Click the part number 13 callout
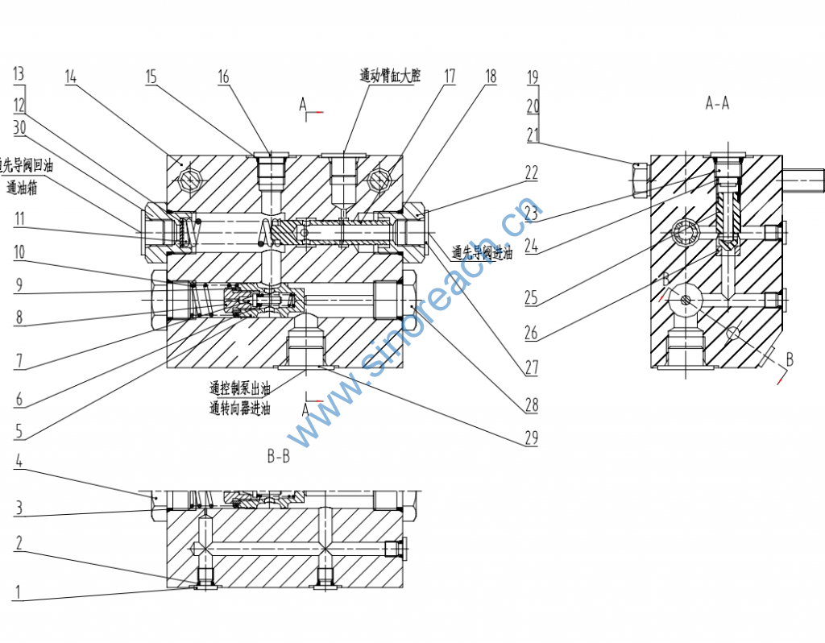[19, 74]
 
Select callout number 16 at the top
[223, 77]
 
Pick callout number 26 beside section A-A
[530, 331]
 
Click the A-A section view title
[717, 103]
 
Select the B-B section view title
[278, 457]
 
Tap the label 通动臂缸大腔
[390, 77]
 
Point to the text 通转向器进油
[239, 409]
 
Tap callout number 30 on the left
[19, 127]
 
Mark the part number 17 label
[449, 77]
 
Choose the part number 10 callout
[19, 252]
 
